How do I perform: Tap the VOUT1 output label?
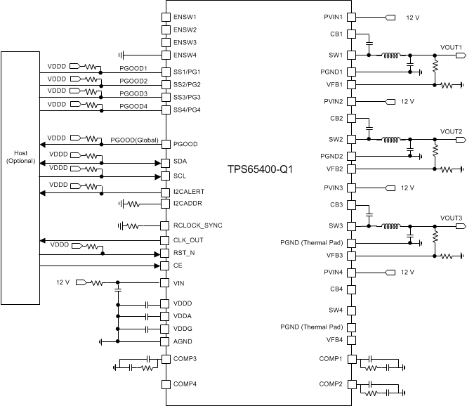[x=450, y=47]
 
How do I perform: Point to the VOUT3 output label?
[x=450, y=218]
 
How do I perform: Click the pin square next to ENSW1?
[x=166, y=16]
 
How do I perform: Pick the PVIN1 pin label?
[x=332, y=16]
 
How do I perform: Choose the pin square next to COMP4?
[x=166, y=384]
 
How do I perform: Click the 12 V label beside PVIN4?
[x=407, y=272]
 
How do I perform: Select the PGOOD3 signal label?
[x=133, y=93]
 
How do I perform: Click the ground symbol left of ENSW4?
[x=122, y=55]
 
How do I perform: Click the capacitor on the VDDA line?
[x=147, y=317]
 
